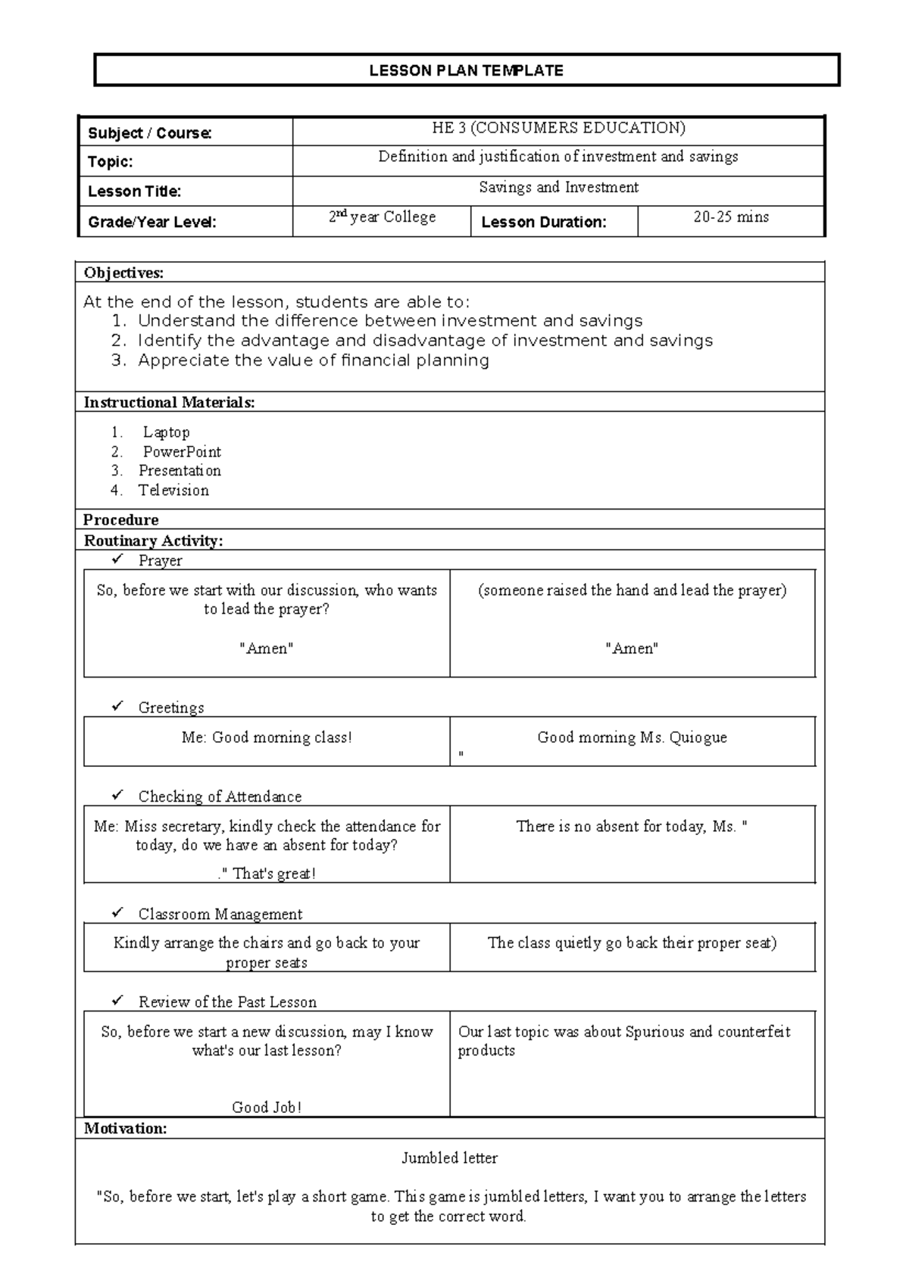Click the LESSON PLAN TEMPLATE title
pyautogui.click(x=466, y=71)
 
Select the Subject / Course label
pyautogui.click(x=150, y=133)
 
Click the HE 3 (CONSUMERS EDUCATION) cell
pyautogui.click(x=558, y=128)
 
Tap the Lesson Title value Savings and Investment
pyautogui.click(x=558, y=187)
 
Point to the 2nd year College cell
pyautogui.click(x=382, y=217)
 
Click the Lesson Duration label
pyautogui.click(x=543, y=222)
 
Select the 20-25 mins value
pyautogui.click(x=730, y=217)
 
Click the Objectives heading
pyautogui.click(x=123, y=273)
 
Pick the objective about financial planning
pyautogui.click(x=313, y=360)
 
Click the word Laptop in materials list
pyautogui.click(x=166, y=432)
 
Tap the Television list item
pyautogui.click(x=173, y=490)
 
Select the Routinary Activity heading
pyautogui.click(x=153, y=541)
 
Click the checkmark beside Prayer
pyautogui.click(x=117, y=559)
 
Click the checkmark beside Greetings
pyautogui.click(x=117, y=706)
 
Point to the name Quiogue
pyautogui.click(x=698, y=737)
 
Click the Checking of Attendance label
pyautogui.click(x=220, y=796)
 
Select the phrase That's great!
pyautogui.click(x=273, y=874)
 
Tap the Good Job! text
pyautogui.click(x=267, y=1107)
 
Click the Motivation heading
pyautogui.click(x=125, y=1128)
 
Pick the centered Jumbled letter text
pyautogui.click(x=449, y=1158)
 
